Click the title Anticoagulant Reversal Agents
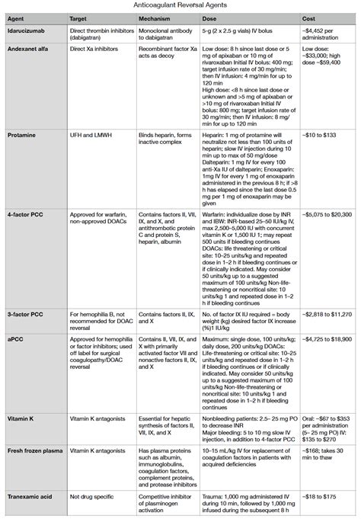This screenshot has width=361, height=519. pyautogui.click(x=180, y=5)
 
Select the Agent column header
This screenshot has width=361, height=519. pyautogui.click(x=17, y=18)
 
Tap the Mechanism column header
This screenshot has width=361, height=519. pyautogui.click(x=155, y=18)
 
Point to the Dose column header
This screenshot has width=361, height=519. pyautogui.click(x=209, y=18)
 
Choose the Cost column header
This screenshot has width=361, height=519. pyautogui.click(x=309, y=18)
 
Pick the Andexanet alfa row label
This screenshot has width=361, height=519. pyautogui.click(x=29, y=46)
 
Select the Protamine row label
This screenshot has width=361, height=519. pyautogui.click(x=23, y=133)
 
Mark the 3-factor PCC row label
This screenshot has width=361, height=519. pyautogui.click(x=26, y=313)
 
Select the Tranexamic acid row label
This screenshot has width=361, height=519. pyautogui.click(x=32, y=496)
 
